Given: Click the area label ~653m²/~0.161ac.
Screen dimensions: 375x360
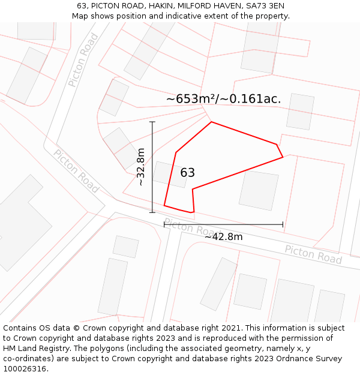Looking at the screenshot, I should point(223,99).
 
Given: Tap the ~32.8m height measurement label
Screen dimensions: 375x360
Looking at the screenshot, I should point(140,167).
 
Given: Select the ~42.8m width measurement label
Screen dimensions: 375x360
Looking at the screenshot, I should point(223,237).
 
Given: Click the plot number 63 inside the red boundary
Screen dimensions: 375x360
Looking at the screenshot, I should point(187,173).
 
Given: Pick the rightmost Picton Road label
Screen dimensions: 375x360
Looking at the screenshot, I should point(313,254).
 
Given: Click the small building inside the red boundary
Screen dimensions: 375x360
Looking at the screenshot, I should point(170,175).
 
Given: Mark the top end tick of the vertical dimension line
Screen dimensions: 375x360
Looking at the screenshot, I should point(152,122).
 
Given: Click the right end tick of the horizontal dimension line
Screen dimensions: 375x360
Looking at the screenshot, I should point(283,225).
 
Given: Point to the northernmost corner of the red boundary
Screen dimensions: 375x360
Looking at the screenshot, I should point(211,122).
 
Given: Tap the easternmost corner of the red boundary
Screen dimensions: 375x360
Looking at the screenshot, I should point(283,157).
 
